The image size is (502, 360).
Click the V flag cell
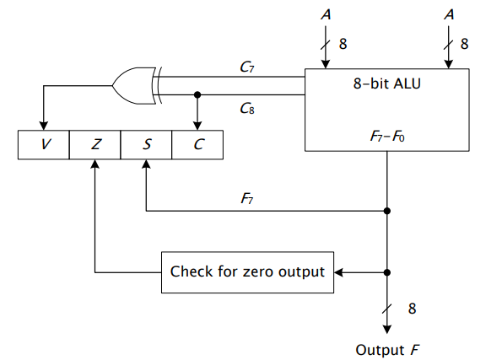coord(44,144)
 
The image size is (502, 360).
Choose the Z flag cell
coord(94,144)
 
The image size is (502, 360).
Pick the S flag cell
coord(146,144)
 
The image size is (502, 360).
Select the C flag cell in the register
coord(197,144)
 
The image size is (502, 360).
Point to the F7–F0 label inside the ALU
coord(387,133)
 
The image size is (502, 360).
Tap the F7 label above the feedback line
coord(246,199)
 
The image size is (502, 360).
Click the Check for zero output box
coord(247,271)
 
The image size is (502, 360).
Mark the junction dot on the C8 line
coord(197,94)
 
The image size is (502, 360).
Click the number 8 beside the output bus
coord(412,309)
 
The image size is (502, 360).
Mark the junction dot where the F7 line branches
coord(387,211)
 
